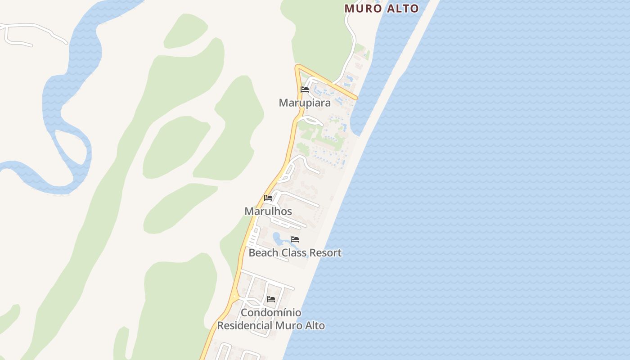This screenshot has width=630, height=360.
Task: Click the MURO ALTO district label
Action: (382, 8)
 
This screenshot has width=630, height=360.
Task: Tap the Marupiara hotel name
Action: (305, 103)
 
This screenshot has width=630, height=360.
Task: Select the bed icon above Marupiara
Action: (305, 90)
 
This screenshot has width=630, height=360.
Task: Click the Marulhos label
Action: (268, 211)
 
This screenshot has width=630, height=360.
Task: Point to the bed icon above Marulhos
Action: (268, 198)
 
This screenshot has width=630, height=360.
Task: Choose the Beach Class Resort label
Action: (295, 253)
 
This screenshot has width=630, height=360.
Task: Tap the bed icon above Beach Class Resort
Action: (295, 239)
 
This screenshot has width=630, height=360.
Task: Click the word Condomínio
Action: (271, 312)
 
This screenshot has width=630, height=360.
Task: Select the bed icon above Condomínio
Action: (271, 299)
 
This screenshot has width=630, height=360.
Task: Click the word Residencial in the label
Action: (245, 325)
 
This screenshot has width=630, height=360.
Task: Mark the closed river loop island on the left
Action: (70, 146)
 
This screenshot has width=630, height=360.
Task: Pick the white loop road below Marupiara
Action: (311, 120)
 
